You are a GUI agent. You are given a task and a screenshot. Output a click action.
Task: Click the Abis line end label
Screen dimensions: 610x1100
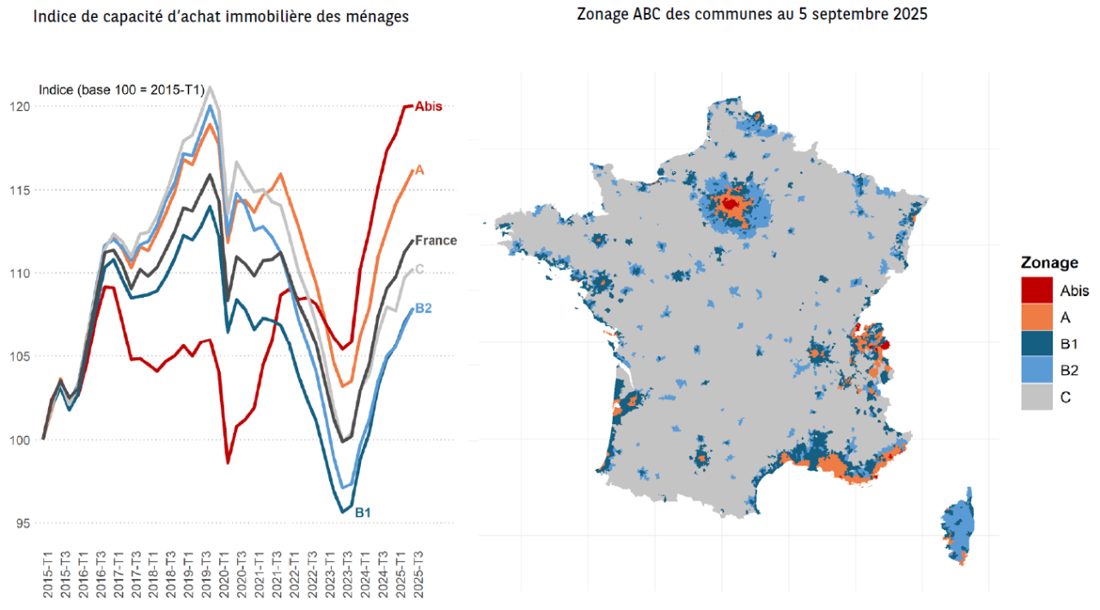[428, 107]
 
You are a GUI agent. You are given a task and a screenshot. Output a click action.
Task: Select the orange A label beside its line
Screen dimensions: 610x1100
[419, 170]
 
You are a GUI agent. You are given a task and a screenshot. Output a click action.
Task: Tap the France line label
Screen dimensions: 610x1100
[436, 241]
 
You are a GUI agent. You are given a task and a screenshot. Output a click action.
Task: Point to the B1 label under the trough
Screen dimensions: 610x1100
[363, 513]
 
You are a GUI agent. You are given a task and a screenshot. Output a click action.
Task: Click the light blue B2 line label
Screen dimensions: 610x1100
[423, 309]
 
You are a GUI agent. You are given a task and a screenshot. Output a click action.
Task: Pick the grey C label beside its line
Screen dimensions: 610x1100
[420, 269]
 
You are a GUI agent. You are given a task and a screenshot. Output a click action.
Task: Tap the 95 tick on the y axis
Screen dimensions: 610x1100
[21, 523]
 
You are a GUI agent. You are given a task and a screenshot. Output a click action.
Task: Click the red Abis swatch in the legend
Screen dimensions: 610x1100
[1037, 290]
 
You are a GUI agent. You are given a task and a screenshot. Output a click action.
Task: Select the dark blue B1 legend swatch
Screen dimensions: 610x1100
[1037, 343]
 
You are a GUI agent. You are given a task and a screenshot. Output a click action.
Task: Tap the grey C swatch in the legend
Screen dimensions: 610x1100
[1037, 397]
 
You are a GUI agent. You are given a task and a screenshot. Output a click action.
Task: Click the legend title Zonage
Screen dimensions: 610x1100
[1049, 262]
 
